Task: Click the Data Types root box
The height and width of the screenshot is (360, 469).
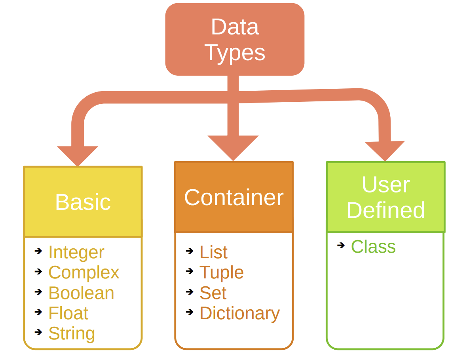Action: pos(235,39)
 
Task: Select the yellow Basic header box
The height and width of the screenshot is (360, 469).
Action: pos(83,202)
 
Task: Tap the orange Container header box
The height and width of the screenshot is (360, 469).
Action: pos(234,197)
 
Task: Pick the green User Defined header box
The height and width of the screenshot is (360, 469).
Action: pos(385,197)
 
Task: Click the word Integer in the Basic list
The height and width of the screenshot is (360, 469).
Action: pos(76,252)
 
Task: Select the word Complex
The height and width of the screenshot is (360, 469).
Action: pos(84,272)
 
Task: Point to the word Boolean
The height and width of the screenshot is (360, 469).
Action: pos(81,293)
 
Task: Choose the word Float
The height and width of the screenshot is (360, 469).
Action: pos(68,313)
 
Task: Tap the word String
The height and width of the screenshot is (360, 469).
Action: pos(72,333)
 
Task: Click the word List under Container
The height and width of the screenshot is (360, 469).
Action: pos(213,252)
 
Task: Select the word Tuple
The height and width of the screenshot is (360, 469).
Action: pos(222,272)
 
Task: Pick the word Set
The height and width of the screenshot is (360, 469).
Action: pos(213,293)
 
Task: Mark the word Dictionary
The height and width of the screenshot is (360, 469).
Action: pos(239,313)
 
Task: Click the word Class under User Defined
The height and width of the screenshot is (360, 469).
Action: pos(373,247)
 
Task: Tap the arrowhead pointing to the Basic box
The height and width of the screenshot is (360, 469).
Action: pos(78,155)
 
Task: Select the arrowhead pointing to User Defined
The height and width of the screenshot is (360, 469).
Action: pos(385,150)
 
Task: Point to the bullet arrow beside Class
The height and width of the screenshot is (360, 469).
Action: pos(341,246)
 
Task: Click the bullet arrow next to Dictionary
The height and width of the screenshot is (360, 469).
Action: pos(190,312)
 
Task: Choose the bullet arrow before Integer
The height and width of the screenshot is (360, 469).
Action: pos(38,251)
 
